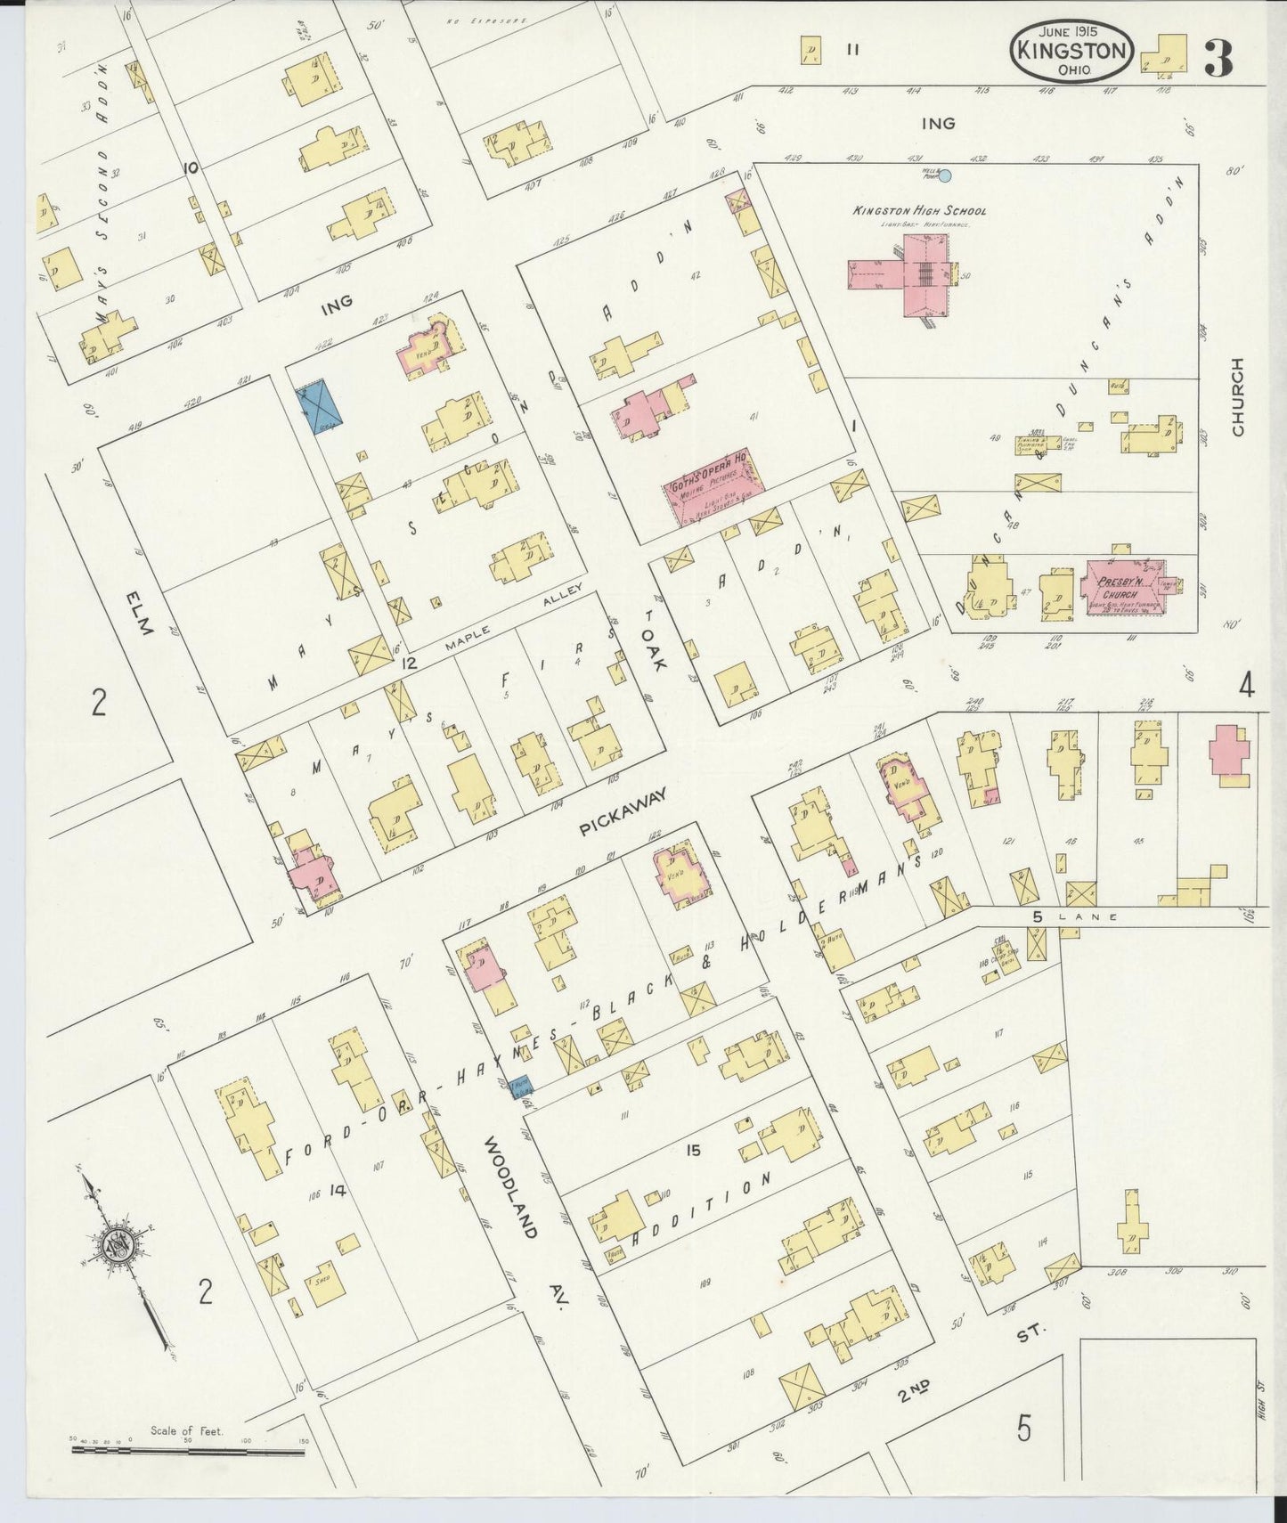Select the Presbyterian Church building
(x=1120, y=591)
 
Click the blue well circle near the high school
(x=946, y=176)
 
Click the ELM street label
(x=140, y=614)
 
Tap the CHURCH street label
(x=1238, y=397)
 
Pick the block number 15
(x=693, y=1150)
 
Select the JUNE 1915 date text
(x=1071, y=29)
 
